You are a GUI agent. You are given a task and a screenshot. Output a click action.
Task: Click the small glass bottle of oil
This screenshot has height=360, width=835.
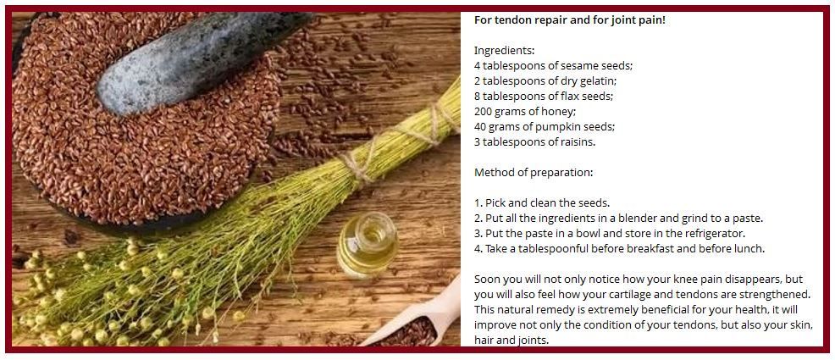click(368, 244)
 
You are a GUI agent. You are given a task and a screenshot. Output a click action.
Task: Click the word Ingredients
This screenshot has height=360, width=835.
click(504, 51)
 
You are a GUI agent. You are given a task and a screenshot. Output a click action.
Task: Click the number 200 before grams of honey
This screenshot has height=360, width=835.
click(483, 112)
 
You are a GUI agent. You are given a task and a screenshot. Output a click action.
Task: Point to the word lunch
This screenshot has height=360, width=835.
click(747, 249)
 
